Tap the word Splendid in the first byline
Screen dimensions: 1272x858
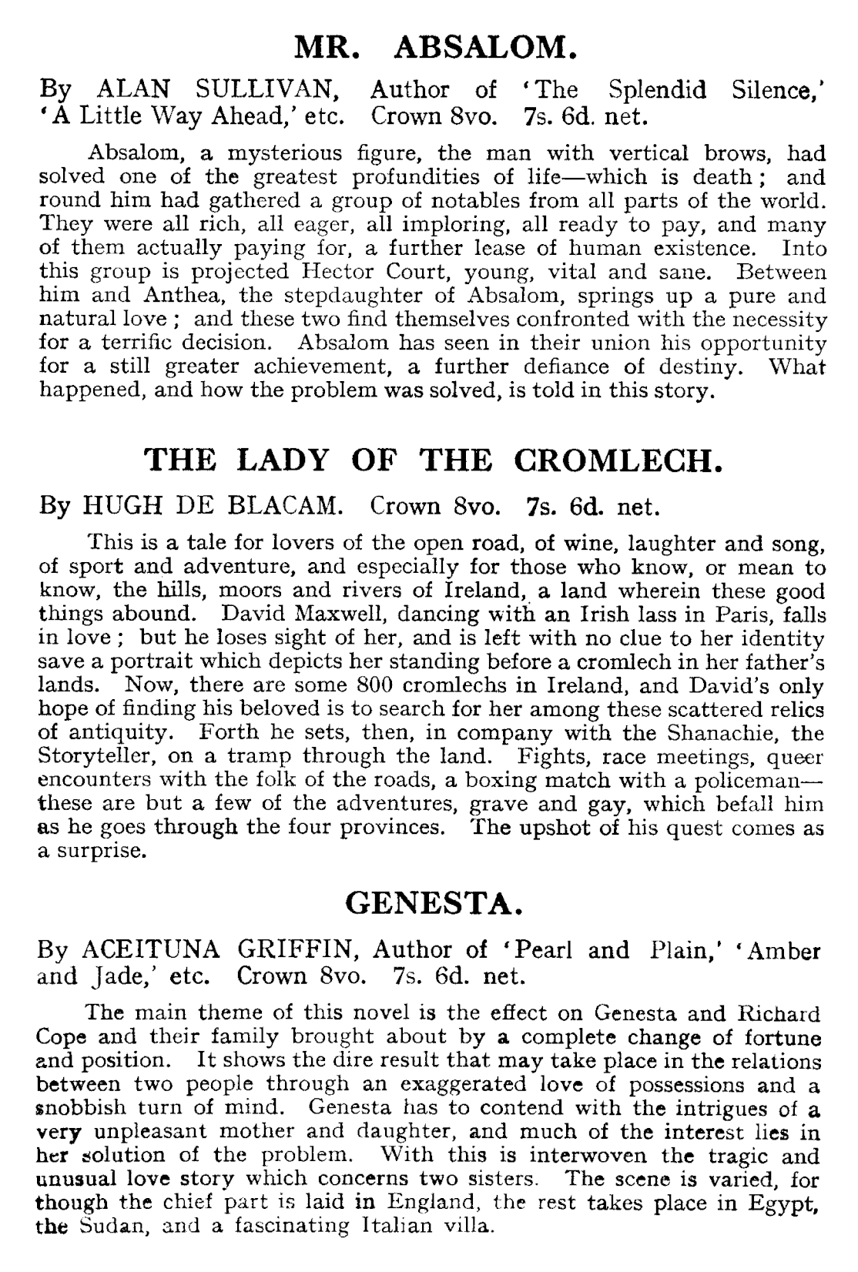coord(657,90)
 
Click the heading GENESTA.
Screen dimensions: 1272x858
coord(435,902)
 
